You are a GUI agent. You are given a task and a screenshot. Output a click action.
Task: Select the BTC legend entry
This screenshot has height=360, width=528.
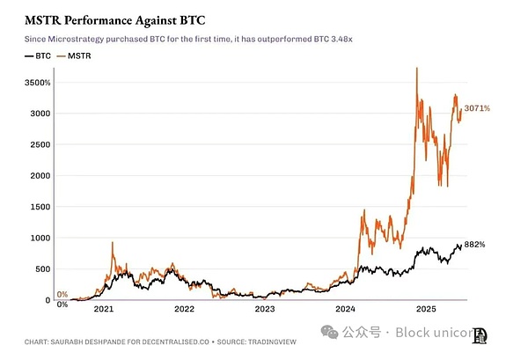[x=38, y=55]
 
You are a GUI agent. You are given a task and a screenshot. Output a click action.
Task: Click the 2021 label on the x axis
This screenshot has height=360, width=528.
[x=105, y=310]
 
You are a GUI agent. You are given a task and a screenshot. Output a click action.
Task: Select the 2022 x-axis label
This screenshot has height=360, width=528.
[x=185, y=310]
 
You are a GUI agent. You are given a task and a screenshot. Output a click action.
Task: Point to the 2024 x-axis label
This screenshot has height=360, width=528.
[x=346, y=310]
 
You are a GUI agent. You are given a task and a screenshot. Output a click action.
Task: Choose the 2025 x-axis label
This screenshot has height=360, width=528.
[x=427, y=310]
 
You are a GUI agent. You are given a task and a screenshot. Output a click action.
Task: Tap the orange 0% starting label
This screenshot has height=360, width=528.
[x=62, y=294]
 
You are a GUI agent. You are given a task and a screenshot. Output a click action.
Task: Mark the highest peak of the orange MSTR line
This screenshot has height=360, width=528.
[x=415, y=68]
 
